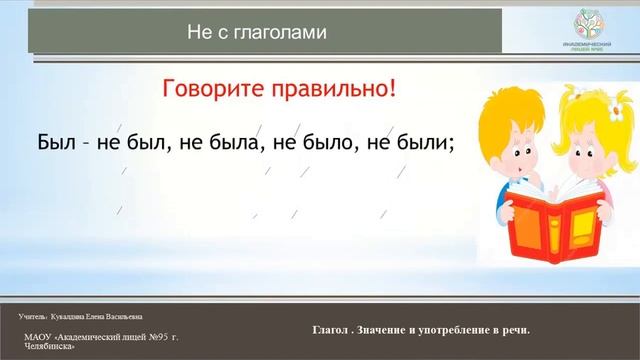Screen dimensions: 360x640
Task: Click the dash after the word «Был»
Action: (87, 144)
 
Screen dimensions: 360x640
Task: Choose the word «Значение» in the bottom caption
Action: (384, 330)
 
